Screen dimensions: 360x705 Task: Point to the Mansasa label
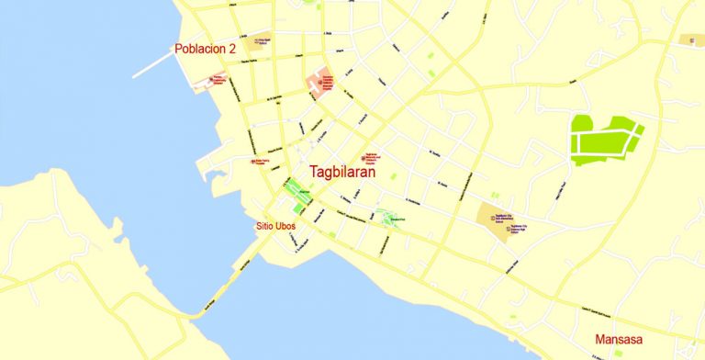tap(621, 339)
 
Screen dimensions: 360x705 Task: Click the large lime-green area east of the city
tap(602, 141)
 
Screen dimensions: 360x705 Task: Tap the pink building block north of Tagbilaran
tap(320, 84)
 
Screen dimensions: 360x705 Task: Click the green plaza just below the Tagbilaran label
tap(297, 192)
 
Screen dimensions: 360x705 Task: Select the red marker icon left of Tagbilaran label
tap(253, 162)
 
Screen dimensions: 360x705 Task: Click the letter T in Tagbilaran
tap(314, 171)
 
